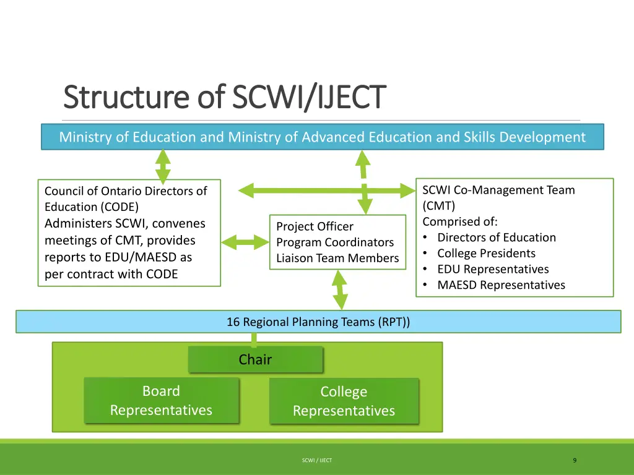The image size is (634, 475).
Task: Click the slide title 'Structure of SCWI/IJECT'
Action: click(x=225, y=97)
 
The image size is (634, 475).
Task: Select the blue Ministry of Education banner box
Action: click(x=322, y=137)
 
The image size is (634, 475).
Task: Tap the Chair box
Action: click(x=255, y=359)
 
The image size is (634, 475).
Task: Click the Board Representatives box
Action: click(x=161, y=401)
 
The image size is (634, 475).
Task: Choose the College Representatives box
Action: click(x=344, y=401)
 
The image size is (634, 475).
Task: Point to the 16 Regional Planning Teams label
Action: click(x=318, y=322)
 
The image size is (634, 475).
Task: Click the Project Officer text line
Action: click(x=315, y=226)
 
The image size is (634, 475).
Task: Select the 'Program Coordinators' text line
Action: click(x=335, y=242)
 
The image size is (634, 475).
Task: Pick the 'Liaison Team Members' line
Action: click(x=337, y=259)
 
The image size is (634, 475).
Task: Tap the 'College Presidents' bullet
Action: click(x=486, y=253)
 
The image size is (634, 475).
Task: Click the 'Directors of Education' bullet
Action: click(x=497, y=237)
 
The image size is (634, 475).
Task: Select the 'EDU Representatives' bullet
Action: click(x=493, y=269)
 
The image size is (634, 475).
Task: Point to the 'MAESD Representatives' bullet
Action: click(x=501, y=285)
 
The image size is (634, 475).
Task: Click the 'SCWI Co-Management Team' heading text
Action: click(x=498, y=190)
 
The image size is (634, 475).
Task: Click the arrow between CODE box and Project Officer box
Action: click(x=245, y=242)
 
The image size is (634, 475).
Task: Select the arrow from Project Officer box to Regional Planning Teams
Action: click(x=339, y=289)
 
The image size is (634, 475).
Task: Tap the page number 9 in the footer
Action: click(x=575, y=460)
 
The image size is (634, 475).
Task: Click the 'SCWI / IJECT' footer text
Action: click(x=317, y=461)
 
